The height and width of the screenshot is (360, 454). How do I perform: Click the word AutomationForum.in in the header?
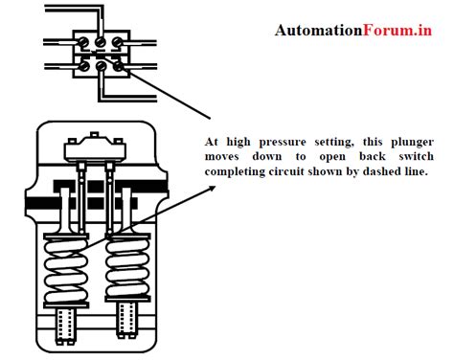pos(353,30)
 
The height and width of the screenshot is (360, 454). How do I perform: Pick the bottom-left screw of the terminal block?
pos(83,66)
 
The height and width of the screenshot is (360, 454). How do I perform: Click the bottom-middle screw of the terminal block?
pos(101,66)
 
